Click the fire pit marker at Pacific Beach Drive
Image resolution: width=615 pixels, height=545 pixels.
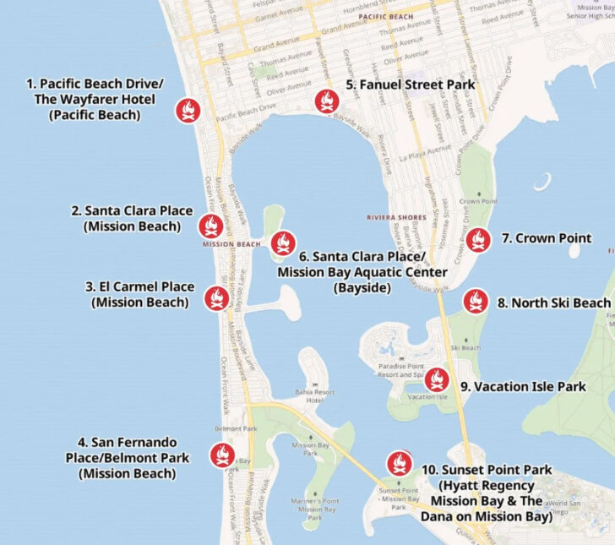[x=187, y=111]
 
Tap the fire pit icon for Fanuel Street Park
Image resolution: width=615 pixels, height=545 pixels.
[x=325, y=101]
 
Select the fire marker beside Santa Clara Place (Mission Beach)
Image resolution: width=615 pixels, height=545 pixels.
[x=210, y=226]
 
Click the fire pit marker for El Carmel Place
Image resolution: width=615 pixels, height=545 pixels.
[x=216, y=297]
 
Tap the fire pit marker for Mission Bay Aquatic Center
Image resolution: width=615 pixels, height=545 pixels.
[x=283, y=243]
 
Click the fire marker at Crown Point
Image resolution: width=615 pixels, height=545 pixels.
[x=478, y=240]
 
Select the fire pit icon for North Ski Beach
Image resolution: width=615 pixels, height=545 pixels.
[x=476, y=301]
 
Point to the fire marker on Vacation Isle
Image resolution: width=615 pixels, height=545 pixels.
[x=436, y=380]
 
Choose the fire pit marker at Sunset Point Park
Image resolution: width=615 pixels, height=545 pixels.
[x=398, y=463]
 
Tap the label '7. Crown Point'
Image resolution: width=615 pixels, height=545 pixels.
[x=546, y=238]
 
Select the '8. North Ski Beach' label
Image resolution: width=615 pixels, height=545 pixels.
[x=553, y=302]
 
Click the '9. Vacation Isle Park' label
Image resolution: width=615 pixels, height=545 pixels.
[x=523, y=387]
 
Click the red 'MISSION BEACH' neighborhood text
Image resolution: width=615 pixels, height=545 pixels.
[x=231, y=245]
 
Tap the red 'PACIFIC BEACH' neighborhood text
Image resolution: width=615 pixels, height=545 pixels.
[x=385, y=16]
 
